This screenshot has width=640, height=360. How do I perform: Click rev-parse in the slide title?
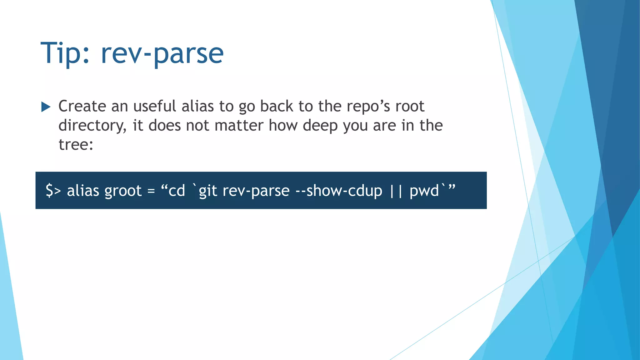click(x=162, y=54)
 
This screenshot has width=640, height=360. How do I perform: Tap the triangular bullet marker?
click(x=46, y=107)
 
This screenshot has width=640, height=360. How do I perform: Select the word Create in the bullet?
click(x=82, y=106)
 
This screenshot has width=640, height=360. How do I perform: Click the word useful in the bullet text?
click(x=155, y=106)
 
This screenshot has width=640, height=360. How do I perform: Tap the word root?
click(x=410, y=106)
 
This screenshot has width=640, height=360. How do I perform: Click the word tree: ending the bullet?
click(x=76, y=144)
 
